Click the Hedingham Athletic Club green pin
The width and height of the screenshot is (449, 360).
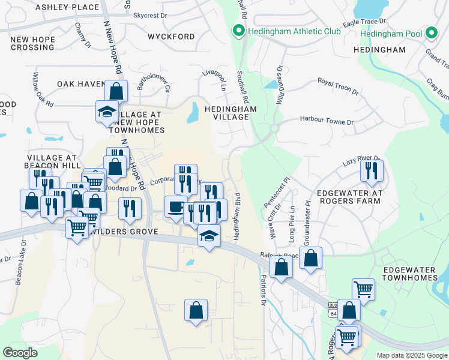pos(238,31)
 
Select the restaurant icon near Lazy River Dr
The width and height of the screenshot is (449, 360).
pos(372,170)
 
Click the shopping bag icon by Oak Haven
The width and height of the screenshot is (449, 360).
pos(116,92)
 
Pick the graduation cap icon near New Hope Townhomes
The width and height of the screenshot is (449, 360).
pos(107,112)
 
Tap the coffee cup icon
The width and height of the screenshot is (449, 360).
pos(175,206)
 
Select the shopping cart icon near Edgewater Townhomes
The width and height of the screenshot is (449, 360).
pos(363,289)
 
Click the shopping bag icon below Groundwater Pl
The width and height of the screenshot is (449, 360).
pos(311,259)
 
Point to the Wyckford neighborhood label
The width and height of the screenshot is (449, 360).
pos(171,37)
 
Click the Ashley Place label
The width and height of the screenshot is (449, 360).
pos(67,7)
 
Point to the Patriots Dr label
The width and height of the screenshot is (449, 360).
pos(263,290)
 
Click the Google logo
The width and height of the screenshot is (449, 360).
pos(20,352)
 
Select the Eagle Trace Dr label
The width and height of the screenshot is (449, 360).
pos(360,22)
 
